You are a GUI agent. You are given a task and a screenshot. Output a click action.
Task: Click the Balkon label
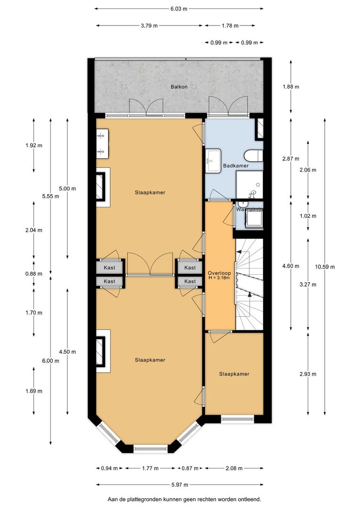point(179,87)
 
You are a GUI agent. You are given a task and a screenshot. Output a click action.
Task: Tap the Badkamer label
point(236,166)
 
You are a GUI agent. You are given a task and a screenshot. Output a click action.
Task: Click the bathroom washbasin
point(213,161)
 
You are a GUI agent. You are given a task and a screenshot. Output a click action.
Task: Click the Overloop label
point(219,272)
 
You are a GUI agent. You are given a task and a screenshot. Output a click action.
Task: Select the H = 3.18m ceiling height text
point(219,278)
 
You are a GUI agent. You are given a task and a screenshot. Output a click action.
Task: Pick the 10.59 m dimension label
point(326,267)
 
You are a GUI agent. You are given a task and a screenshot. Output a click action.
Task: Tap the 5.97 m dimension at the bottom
point(179,485)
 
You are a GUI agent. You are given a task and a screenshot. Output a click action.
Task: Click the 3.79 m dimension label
point(149,25)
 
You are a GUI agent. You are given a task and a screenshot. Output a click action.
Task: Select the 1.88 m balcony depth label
point(291,87)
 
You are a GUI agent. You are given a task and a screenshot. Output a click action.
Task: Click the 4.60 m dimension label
point(291,266)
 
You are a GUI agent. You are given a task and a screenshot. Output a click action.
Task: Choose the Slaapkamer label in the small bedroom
point(234,374)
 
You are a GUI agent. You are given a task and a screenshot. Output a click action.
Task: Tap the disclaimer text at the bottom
point(184,499)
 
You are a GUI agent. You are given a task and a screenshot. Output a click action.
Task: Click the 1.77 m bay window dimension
point(149,468)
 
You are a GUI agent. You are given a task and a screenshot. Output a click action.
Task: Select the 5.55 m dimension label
point(50,197)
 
